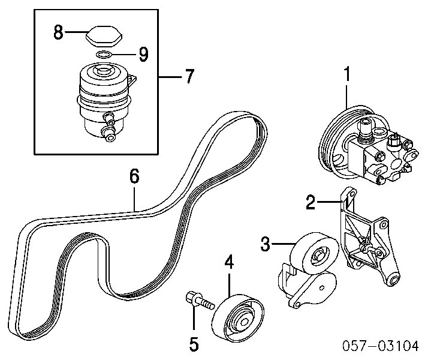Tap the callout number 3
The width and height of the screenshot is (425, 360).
click(266, 244)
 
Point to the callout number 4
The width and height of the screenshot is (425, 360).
click(230, 262)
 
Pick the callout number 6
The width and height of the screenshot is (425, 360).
click(134, 176)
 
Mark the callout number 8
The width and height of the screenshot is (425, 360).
click(58, 32)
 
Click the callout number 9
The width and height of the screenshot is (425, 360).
click(143, 55)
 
